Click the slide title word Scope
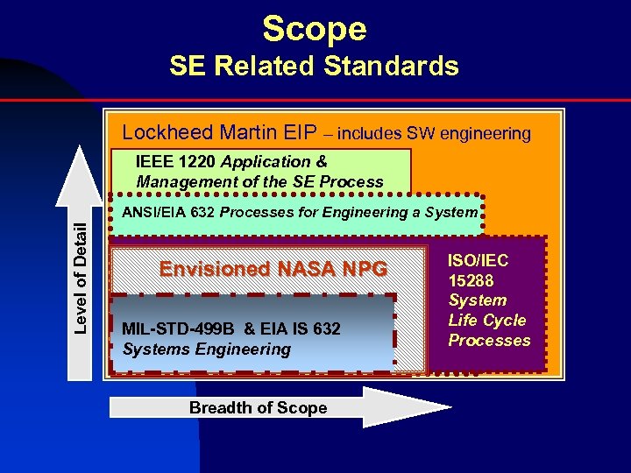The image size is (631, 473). [x=314, y=29]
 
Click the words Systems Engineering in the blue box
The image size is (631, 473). [x=207, y=349]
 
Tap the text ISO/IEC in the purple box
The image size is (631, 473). [x=479, y=260]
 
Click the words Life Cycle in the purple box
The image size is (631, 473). [x=487, y=320]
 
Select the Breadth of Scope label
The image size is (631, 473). [x=258, y=408]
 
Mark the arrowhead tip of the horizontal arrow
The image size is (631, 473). [x=450, y=407]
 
